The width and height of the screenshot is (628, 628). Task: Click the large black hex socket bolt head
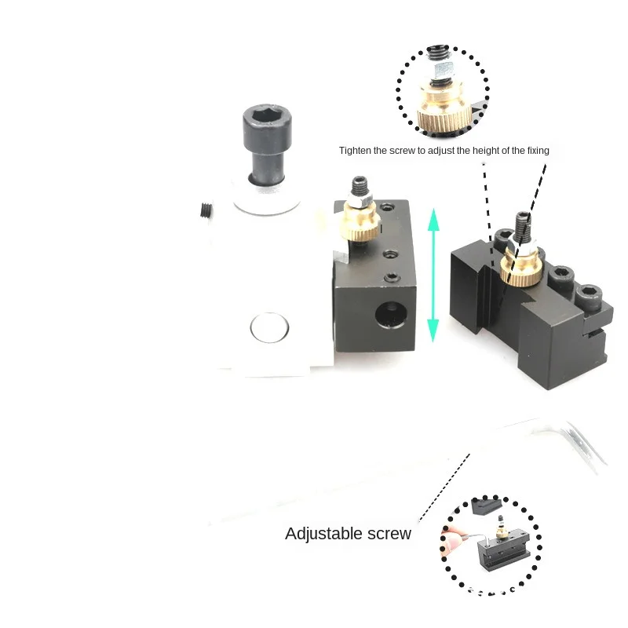(x=267, y=123)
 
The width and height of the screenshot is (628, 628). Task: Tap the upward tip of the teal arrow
(x=434, y=209)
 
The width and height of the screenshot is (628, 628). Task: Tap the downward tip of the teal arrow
(x=433, y=341)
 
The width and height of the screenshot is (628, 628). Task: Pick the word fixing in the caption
(x=538, y=151)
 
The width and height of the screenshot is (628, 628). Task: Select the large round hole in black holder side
(x=391, y=314)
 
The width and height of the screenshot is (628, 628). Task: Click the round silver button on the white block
(x=269, y=327)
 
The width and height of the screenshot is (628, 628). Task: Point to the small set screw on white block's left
(x=206, y=210)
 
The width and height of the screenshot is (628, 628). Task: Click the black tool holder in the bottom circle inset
(x=504, y=552)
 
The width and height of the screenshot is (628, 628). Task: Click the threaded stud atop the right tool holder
(x=523, y=226)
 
